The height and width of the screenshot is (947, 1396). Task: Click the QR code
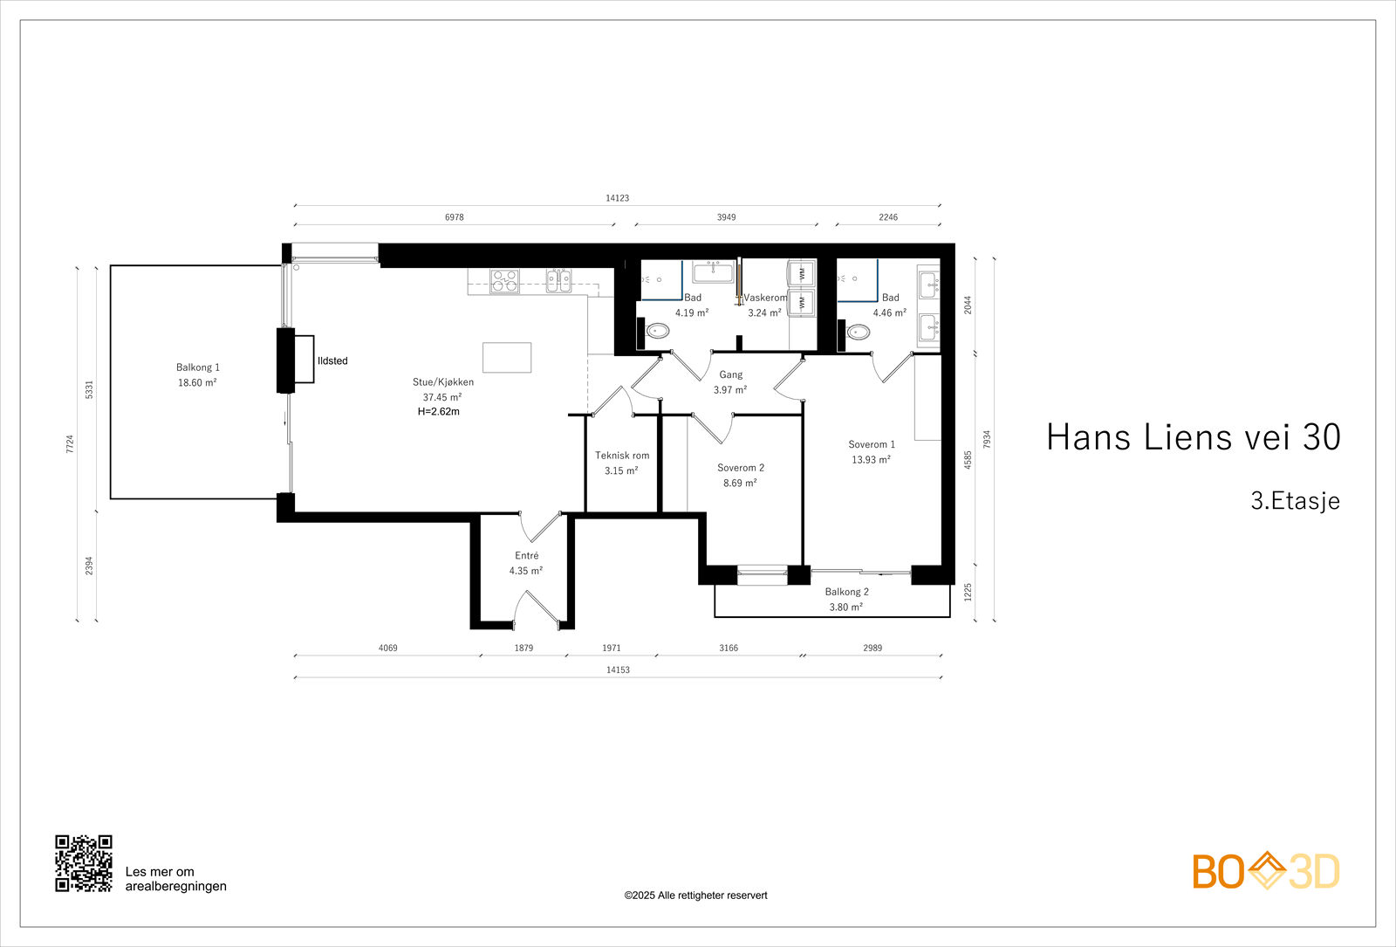coord(84,863)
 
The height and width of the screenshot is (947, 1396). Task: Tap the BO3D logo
coord(1265,871)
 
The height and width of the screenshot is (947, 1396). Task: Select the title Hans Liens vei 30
coord(1193,437)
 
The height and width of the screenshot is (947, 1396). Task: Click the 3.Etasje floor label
coord(1295,501)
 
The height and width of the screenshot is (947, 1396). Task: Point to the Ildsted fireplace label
coord(332,360)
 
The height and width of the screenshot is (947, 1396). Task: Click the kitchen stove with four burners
coord(504,280)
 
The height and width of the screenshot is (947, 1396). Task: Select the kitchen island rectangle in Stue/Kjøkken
coord(507,357)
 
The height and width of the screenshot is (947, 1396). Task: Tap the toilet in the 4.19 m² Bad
coord(658,331)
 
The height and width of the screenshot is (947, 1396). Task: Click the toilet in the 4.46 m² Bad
coord(859,332)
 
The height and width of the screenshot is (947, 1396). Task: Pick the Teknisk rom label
coord(622,455)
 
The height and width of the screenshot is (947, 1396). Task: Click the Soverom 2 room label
coord(741,468)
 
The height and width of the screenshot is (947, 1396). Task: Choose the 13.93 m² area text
coord(871,460)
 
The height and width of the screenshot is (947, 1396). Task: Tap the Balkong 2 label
coord(846,592)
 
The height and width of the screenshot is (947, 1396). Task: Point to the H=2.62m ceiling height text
coord(438,412)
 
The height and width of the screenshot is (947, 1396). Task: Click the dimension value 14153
coord(618,669)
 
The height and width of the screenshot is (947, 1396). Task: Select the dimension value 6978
coord(454,217)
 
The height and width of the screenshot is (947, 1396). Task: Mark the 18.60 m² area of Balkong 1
coord(197,383)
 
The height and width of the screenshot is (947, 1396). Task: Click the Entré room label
coord(526,556)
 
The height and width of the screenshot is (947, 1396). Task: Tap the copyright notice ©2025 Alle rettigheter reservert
coord(695,896)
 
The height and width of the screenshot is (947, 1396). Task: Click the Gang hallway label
coord(730,374)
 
